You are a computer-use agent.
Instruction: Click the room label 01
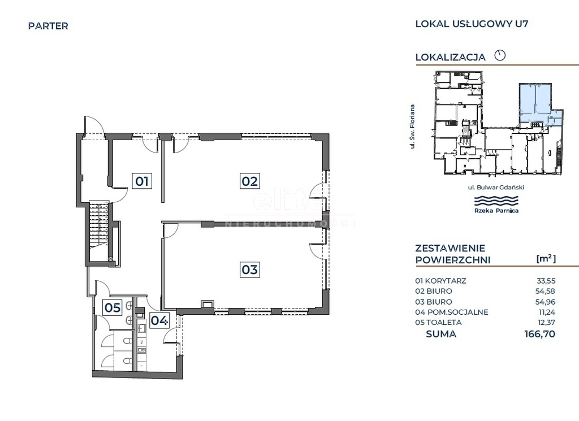click(x=142, y=181)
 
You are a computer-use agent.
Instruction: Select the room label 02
click(x=249, y=181)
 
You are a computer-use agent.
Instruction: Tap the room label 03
click(x=249, y=270)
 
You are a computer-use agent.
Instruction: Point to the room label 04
click(x=159, y=320)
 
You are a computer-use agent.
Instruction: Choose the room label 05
click(x=113, y=307)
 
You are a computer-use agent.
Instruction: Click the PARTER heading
click(x=48, y=26)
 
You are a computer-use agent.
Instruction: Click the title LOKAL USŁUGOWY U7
click(x=472, y=24)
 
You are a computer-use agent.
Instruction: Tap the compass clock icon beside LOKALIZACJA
click(x=500, y=55)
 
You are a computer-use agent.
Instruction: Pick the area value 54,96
click(x=546, y=302)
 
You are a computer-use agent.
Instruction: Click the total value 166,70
click(x=540, y=335)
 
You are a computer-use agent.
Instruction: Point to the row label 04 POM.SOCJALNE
click(x=452, y=312)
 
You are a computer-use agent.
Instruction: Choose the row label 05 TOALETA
click(x=438, y=323)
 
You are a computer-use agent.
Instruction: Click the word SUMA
click(x=441, y=335)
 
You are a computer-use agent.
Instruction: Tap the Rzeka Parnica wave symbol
click(x=496, y=202)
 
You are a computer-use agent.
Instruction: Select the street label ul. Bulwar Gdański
click(x=496, y=188)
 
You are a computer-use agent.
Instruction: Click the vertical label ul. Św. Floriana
click(x=412, y=127)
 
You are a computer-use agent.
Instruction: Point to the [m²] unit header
click(x=546, y=259)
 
